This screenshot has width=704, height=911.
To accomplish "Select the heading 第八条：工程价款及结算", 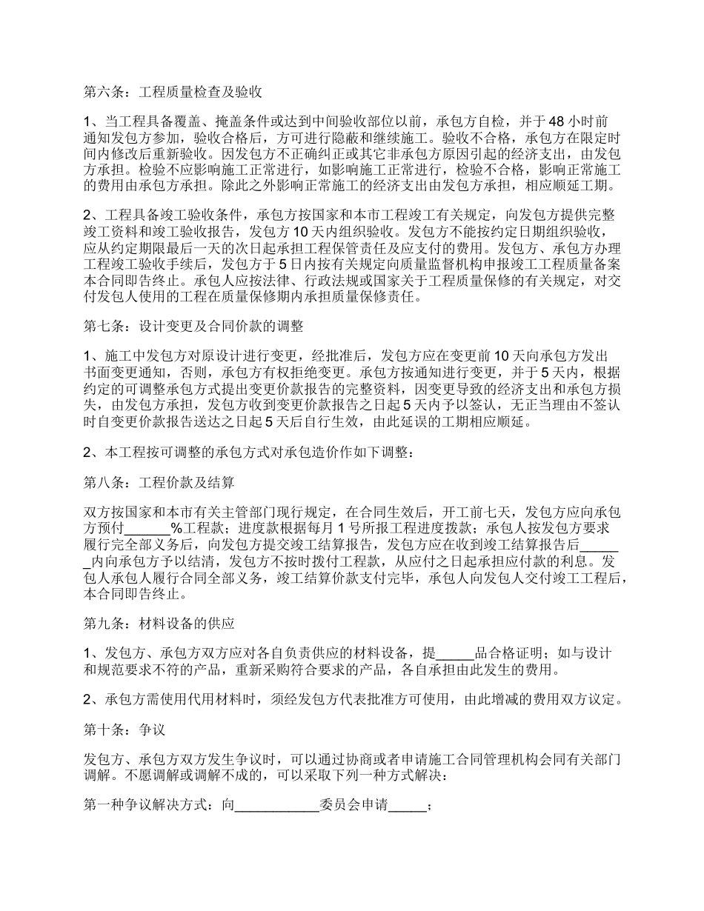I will point(159,483).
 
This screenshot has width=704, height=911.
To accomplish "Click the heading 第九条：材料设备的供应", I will point(159,624).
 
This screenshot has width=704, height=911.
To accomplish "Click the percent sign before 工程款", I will point(177,528).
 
